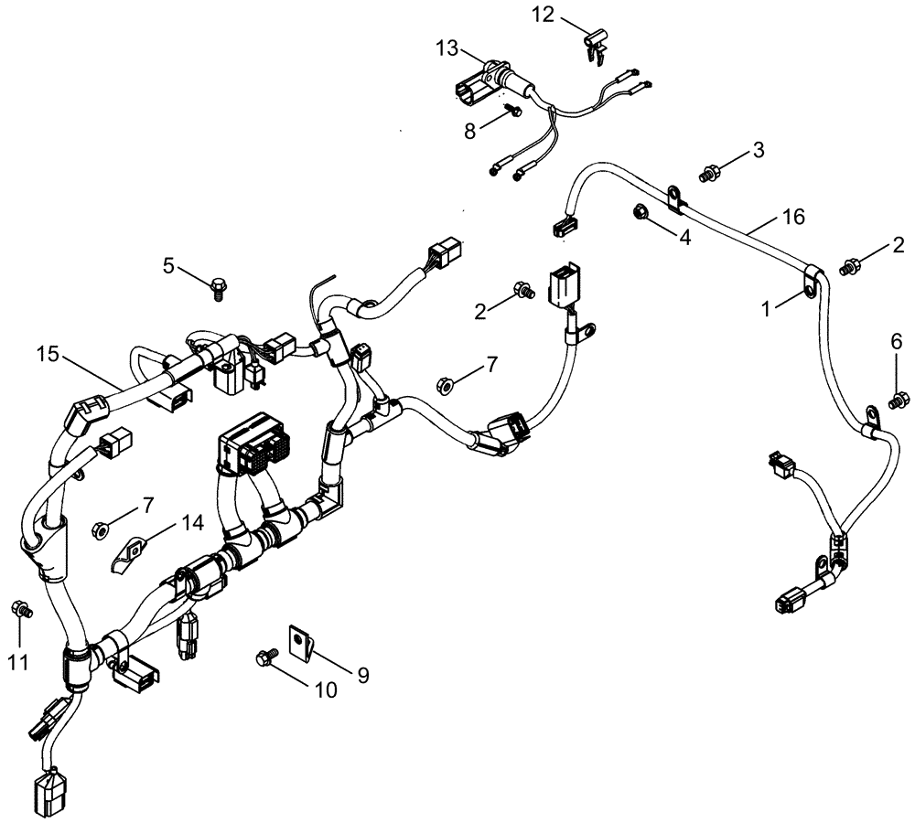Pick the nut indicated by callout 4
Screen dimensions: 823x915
point(640,213)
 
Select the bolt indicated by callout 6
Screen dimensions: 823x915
point(898,397)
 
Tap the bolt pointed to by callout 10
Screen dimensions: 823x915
point(267,656)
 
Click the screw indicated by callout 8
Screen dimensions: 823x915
point(511,111)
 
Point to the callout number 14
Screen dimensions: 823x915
point(191,523)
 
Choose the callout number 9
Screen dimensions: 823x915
point(362,675)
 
